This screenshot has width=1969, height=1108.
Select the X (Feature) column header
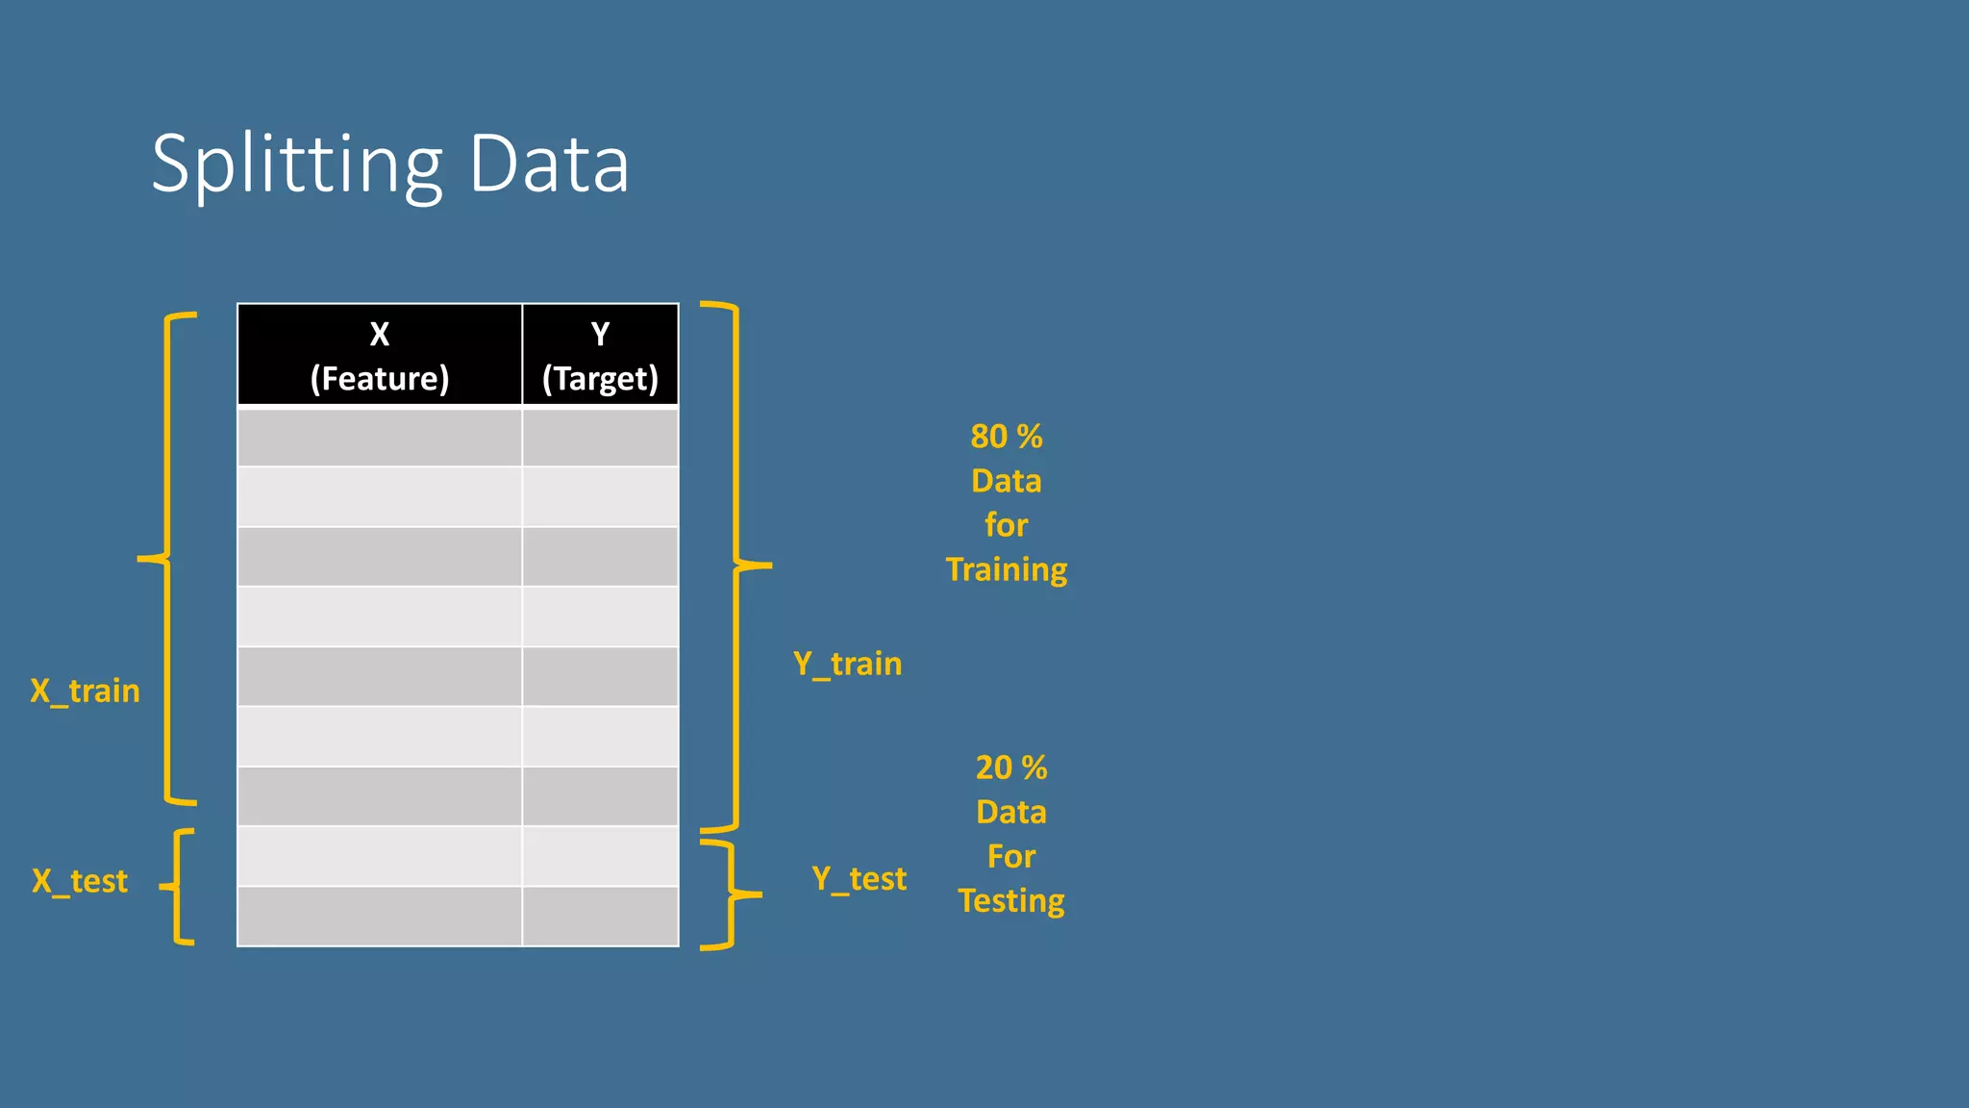coord(380,356)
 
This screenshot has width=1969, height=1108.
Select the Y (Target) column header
coord(600,356)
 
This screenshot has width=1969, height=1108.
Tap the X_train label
coord(85,691)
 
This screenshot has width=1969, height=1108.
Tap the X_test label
coord(80,881)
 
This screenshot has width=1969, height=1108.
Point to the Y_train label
coord(847,664)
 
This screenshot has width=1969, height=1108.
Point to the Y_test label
coord(859,878)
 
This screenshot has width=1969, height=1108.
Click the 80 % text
coord(1006,437)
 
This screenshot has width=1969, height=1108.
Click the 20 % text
coord(1010,768)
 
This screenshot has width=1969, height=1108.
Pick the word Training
coord(1006,569)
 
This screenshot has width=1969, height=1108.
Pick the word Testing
coord(1010,901)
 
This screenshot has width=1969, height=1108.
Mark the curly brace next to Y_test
coord(731,894)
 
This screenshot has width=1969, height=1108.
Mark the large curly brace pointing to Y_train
coord(736,566)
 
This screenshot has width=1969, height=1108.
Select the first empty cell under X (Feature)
coord(380,438)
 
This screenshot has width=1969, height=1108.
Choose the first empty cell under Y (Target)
coord(600,438)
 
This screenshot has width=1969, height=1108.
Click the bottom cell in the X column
coord(380,917)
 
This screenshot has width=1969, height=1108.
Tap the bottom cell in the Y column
coord(600,917)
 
